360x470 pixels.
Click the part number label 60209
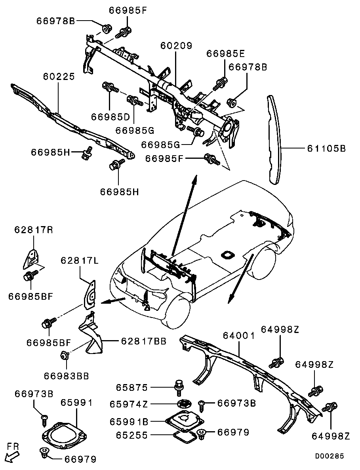coord(176,46)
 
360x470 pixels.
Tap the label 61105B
coord(326,148)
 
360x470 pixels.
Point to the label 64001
coord(238,336)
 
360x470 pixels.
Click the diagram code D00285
coord(329,456)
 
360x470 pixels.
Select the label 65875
coord(131,387)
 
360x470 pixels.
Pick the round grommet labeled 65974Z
coord(183,404)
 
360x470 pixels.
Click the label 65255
coord(131,435)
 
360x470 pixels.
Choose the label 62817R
coord(34,230)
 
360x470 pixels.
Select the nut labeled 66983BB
coord(63,356)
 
